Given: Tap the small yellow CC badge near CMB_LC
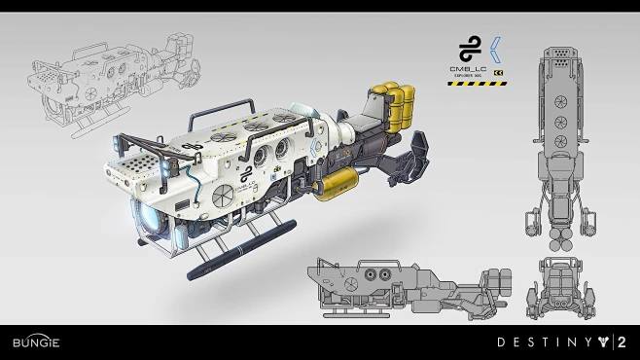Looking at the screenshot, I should point(498,73).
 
